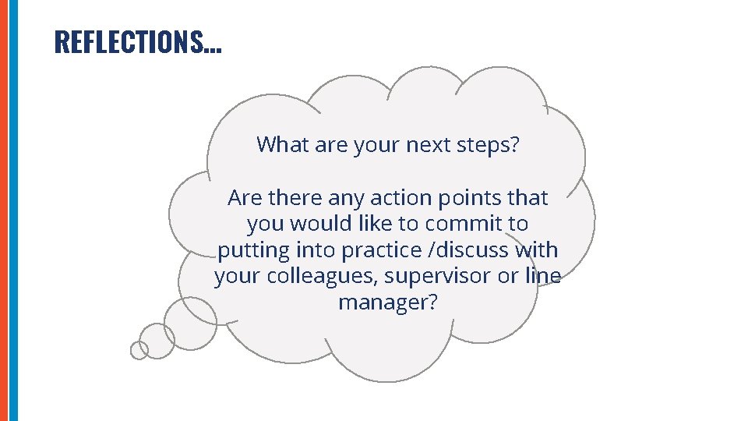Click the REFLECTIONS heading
click(x=138, y=42)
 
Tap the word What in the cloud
click(x=280, y=144)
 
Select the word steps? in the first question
click(x=489, y=144)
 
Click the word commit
click(x=463, y=224)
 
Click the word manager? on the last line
click(x=387, y=302)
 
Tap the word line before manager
click(x=542, y=276)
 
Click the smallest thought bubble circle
click(x=139, y=351)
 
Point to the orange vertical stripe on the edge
click(x=4, y=210)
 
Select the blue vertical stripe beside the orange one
click(x=12, y=210)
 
